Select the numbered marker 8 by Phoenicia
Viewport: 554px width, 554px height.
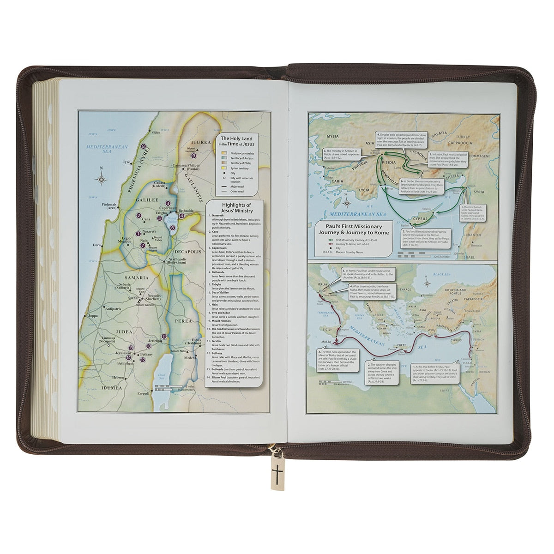pos(144,146)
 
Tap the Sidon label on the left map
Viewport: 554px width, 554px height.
pos(156,132)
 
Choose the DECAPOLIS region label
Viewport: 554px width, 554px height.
pos(187,253)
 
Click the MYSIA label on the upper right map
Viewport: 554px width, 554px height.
pos(332,137)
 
